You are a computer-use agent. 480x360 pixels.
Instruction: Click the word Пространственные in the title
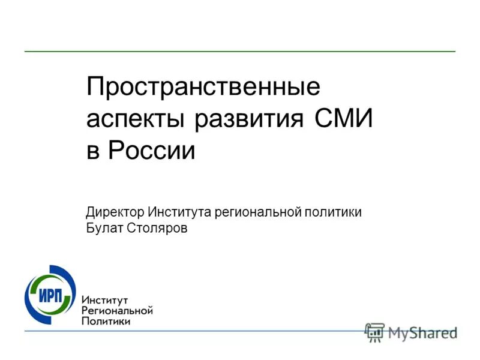point(203,88)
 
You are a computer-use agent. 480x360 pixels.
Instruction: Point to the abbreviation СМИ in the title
point(343,119)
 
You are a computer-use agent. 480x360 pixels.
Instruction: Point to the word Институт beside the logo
point(107,299)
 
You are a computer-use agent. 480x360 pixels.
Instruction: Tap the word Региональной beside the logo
point(117,310)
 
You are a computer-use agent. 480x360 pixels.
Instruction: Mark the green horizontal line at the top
point(240,52)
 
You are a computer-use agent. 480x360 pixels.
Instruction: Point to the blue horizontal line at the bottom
point(240,331)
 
